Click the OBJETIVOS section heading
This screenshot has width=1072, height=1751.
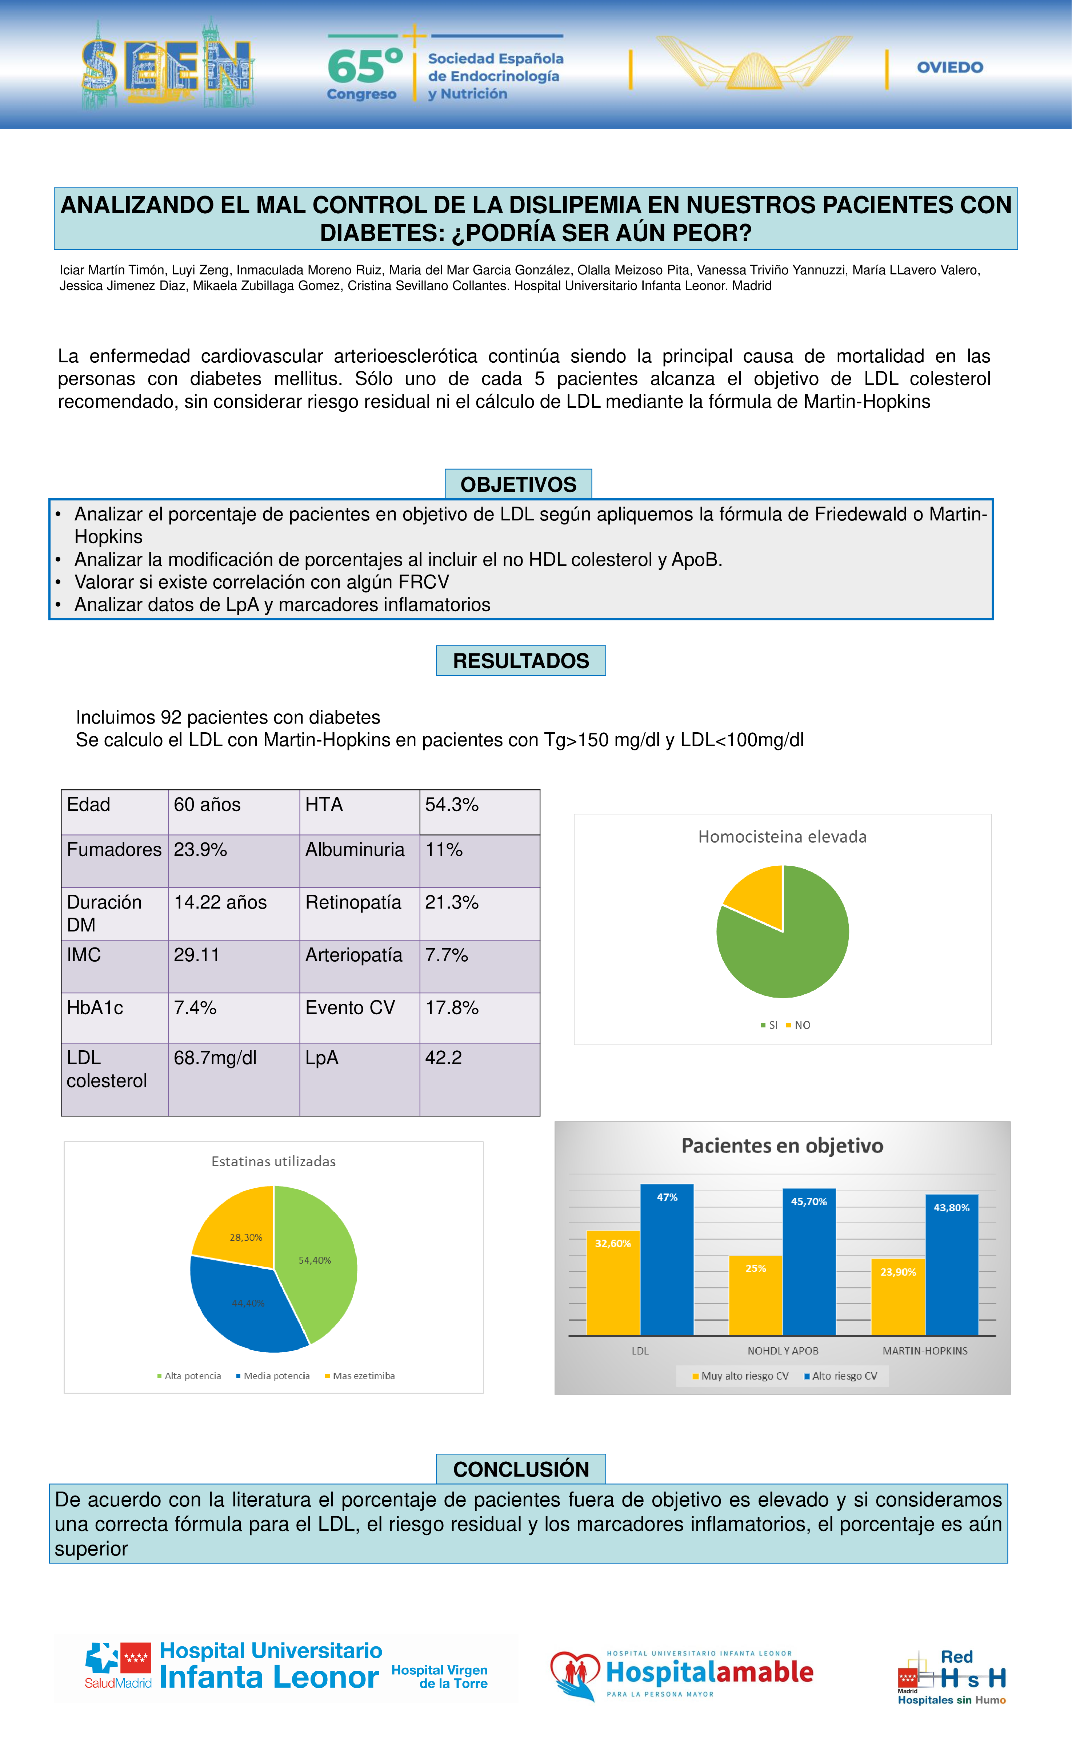pos(518,485)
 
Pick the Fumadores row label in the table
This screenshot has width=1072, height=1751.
pos(114,850)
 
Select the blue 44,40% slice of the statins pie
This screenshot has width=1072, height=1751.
pos(242,1311)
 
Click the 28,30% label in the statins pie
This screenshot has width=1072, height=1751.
pos(246,1237)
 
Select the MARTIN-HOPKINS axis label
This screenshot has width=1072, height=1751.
pos(925,1351)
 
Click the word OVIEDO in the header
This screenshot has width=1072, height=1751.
pos(950,68)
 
